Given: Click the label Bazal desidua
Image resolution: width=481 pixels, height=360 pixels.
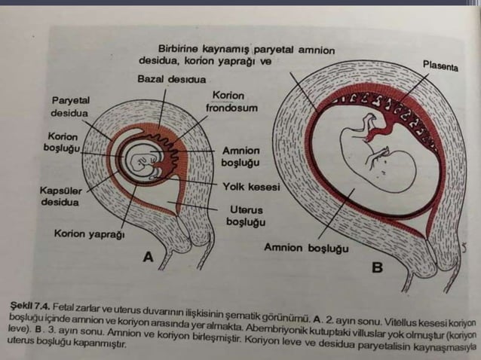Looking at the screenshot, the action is pos(171,79).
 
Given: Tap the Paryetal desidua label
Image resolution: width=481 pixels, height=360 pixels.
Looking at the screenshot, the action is pos(70,107).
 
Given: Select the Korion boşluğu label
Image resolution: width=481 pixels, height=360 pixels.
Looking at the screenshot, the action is pos(62,142).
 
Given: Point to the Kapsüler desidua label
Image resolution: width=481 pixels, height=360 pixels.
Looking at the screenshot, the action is pos(61,197).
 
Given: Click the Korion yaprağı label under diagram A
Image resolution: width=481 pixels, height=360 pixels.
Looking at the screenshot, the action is pos(89,234).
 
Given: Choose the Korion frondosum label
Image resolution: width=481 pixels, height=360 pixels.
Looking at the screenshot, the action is pos(231,102).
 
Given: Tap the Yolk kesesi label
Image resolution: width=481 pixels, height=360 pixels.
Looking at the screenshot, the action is pos(251,187).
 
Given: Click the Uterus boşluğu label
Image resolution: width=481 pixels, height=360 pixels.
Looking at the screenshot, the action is pos(246,215).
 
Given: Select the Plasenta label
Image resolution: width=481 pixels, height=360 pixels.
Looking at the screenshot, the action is pos(440,66).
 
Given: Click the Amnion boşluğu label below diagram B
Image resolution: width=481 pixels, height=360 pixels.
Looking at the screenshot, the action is pos(306,248).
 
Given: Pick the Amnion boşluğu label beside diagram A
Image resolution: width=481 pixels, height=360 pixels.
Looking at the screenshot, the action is pos(240,157).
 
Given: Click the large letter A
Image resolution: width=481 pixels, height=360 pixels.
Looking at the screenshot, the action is pos(149,257).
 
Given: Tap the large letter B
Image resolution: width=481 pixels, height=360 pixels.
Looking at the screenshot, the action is pos(377,267).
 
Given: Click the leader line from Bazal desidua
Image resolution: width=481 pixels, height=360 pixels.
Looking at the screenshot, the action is pos(162,108).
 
